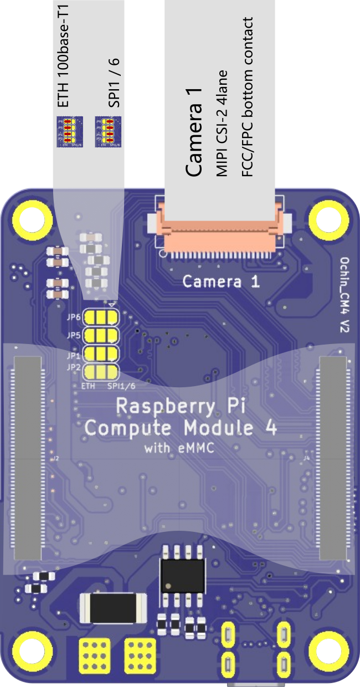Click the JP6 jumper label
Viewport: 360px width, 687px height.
point(74,317)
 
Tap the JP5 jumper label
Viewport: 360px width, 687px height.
point(74,335)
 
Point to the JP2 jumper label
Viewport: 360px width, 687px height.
point(74,367)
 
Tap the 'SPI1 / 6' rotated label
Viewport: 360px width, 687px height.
point(114,81)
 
